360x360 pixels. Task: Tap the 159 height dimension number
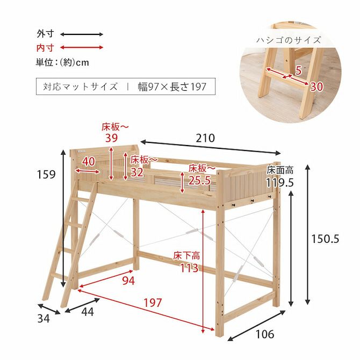[47, 174]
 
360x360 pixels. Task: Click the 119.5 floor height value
[280, 183]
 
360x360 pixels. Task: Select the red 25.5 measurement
[199, 181]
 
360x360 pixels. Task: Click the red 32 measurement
[137, 172]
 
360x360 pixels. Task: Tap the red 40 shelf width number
[89, 162]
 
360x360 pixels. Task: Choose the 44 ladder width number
[88, 312]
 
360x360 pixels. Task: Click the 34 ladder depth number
[44, 318]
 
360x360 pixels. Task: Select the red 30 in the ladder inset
[316, 87]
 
